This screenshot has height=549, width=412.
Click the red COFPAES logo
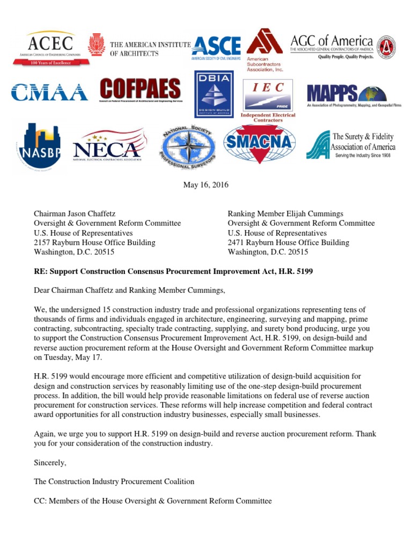(140, 91)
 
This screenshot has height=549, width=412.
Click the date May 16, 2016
(206, 185)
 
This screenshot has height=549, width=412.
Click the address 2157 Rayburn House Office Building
(94, 242)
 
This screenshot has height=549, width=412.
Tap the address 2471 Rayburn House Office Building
(288, 242)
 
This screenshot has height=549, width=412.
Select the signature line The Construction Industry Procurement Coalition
(114, 481)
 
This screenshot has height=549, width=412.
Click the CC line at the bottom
(153, 501)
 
